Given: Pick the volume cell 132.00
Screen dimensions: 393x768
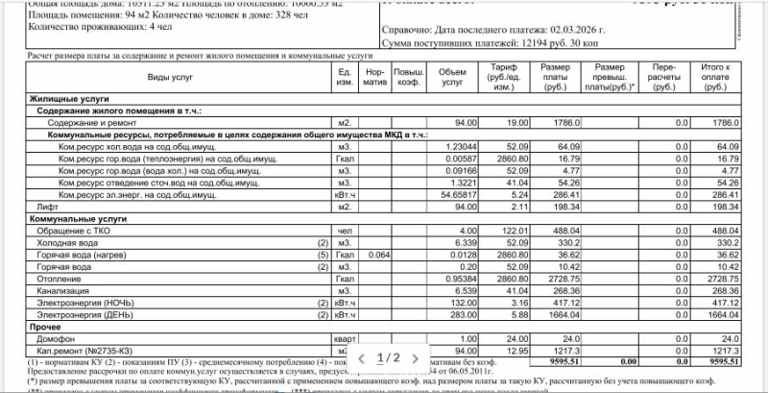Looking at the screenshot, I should tap(462, 302).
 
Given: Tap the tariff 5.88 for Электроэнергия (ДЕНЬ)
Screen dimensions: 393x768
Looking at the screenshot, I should tap(518, 314).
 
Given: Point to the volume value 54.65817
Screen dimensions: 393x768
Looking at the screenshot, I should tap(456, 194).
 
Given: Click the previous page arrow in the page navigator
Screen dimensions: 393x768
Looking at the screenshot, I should tap(361, 357).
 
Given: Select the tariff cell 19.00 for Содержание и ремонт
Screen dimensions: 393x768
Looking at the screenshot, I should tap(517, 123).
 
